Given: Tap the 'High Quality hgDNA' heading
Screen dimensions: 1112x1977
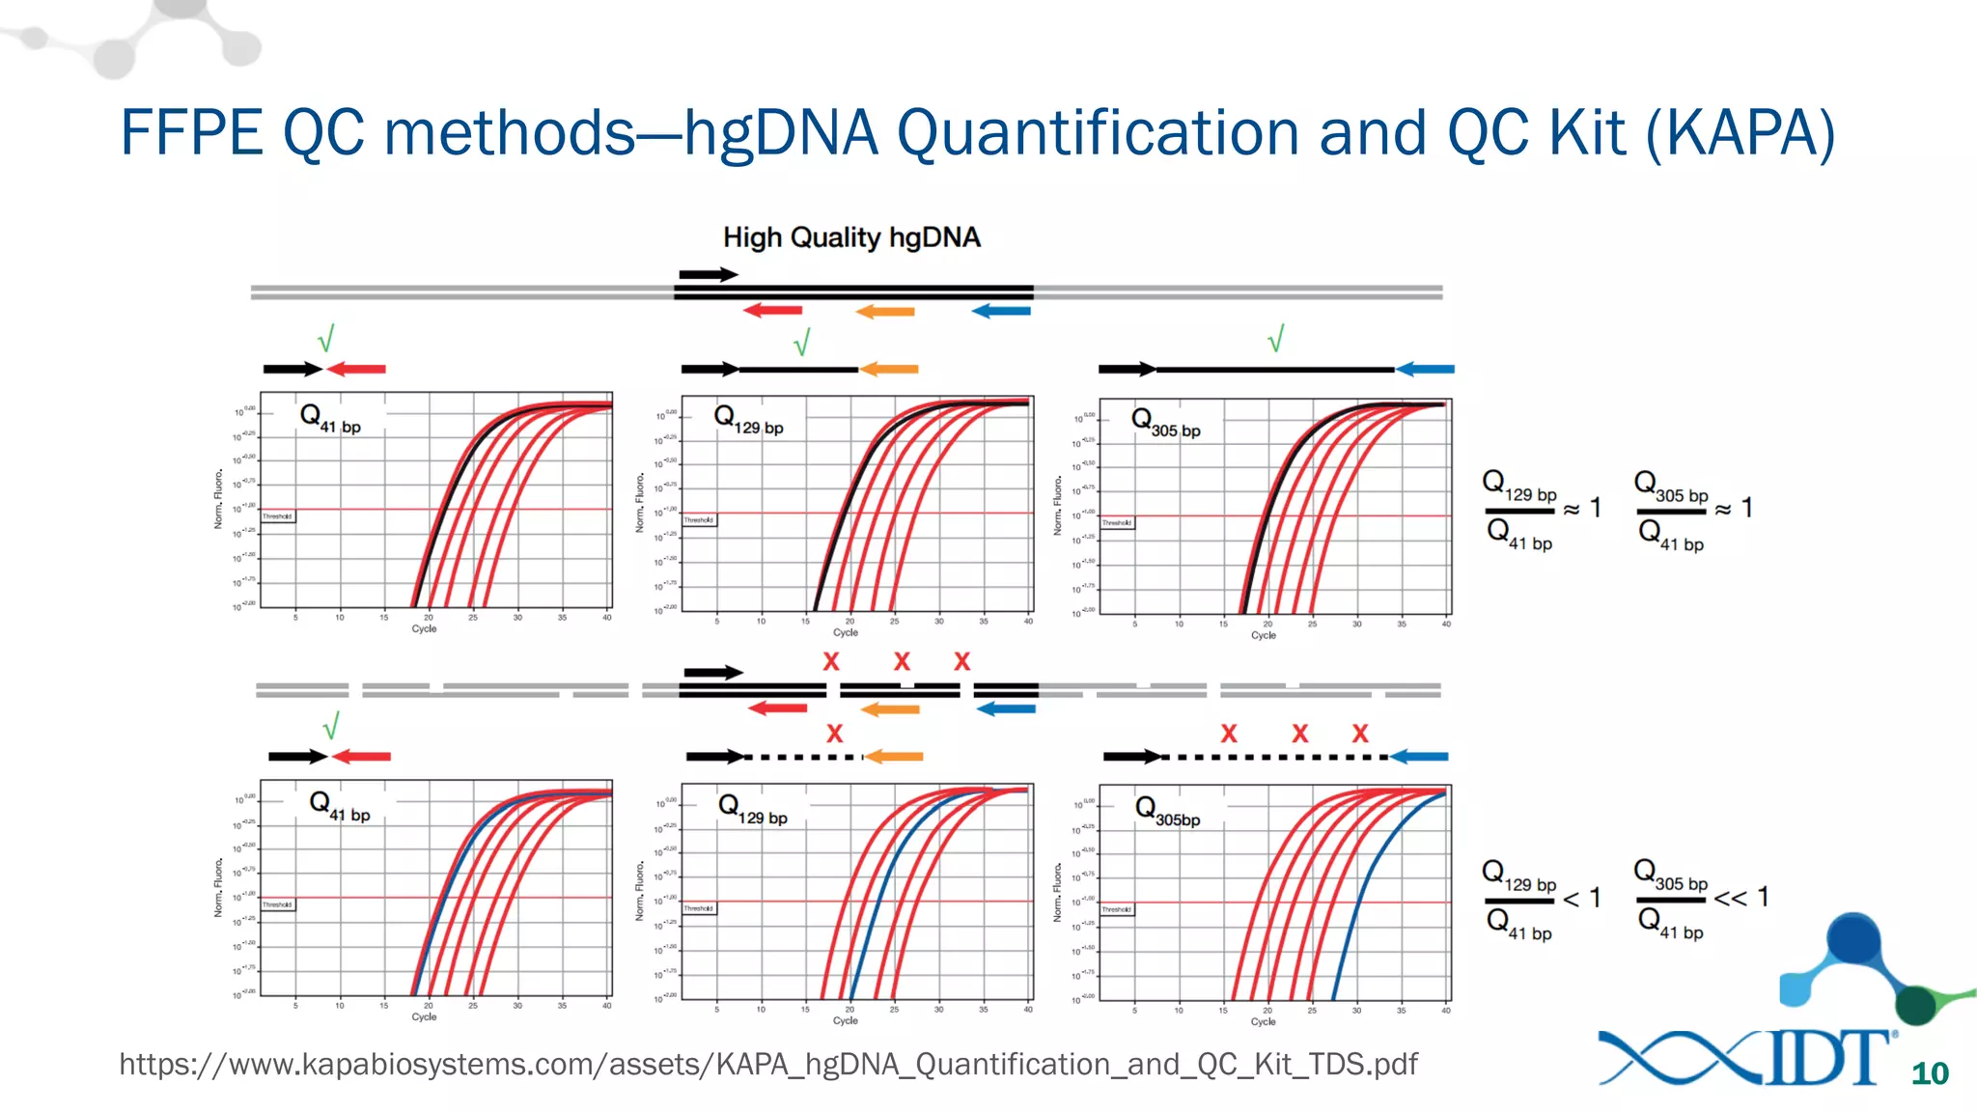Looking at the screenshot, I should click(851, 237).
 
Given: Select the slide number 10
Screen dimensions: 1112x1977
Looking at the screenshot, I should click(1929, 1073).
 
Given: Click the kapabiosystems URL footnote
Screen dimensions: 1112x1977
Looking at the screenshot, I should click(767, 1064).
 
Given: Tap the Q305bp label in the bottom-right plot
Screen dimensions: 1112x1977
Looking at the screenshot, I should click(1167, 812).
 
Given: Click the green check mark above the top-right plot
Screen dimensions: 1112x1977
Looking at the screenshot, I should click(1276, 339).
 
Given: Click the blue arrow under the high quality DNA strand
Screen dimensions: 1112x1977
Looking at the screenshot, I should click(1001, 311).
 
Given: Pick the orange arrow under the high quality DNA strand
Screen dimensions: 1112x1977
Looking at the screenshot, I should click(885, 311).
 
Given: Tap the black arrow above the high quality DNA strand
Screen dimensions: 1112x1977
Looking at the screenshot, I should click(708, 275).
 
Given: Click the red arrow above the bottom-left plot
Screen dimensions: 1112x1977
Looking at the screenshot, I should click(361, 757).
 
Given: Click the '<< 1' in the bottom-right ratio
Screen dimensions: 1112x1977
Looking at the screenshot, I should click(1741, 898).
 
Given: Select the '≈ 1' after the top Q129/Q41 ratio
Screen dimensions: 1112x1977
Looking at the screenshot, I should click(1583, 508).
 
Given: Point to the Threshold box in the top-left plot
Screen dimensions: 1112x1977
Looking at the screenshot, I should click(278, 516).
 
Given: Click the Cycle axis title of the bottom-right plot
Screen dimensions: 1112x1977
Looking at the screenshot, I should click(1263, 1021).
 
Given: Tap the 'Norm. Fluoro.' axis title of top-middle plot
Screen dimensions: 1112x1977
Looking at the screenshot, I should click(639, 503).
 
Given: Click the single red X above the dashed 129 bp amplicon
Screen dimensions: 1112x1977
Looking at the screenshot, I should click(835, 734).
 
